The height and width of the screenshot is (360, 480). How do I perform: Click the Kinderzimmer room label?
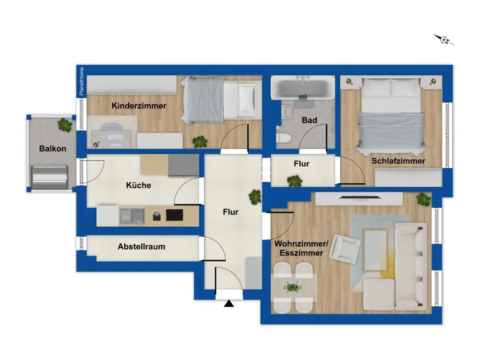pos(139,106)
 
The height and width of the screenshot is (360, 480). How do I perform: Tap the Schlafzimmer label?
pos(398,161)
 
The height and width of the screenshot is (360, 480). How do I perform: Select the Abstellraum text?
pos(142,247)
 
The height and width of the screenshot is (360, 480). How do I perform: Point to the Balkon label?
pos(53,149)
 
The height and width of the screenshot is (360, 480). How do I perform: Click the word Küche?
pos(138,185)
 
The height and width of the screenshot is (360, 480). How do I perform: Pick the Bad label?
pos(309,120)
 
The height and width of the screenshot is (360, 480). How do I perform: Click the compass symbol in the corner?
pos(444,39)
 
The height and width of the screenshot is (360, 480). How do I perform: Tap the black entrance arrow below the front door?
pos(229,303)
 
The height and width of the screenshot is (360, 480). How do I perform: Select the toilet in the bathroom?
pos(283,138)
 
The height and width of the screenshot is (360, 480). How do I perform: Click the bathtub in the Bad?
pos(303,87)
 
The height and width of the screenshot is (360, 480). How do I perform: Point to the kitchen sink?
pos(132,216)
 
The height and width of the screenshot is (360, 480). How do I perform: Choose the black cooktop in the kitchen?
pos(175,215)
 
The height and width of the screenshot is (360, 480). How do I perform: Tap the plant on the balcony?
pos(65,125)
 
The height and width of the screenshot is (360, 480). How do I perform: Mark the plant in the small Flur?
pos(295,181)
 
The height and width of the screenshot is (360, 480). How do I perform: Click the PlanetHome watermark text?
pos(82,81)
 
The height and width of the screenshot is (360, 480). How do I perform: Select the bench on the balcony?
pos(49,177)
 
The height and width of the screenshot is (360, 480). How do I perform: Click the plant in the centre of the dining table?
pos(293,288)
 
